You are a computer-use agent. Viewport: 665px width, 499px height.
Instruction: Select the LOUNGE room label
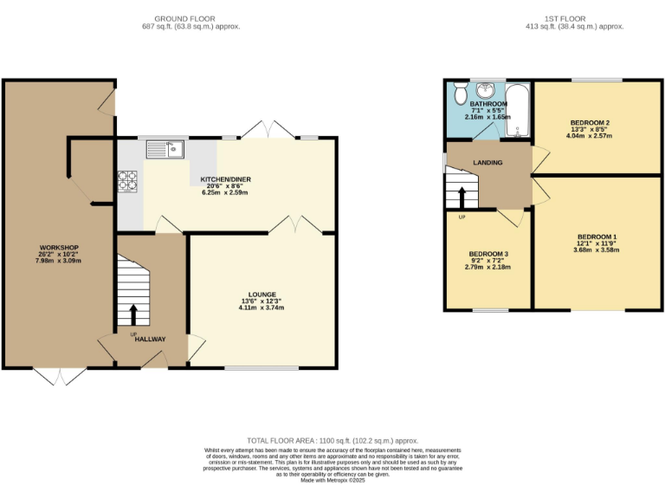[262, 295]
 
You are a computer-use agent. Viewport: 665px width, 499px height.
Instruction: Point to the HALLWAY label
[150, 339]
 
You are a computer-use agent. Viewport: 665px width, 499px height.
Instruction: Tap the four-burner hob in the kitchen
[128, 181]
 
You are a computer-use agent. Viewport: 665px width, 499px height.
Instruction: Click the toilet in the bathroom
[458, 93]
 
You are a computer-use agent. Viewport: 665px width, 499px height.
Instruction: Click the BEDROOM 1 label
[597, 237]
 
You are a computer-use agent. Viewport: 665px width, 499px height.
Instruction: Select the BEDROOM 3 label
[487, 254]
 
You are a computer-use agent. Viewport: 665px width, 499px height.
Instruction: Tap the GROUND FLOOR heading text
[190, 18]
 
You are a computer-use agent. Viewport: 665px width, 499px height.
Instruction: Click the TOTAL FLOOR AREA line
[332, 440]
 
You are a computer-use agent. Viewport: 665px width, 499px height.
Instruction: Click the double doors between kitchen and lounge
[295, 225]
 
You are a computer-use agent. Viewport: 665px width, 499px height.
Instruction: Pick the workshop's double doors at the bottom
[61, 375]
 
